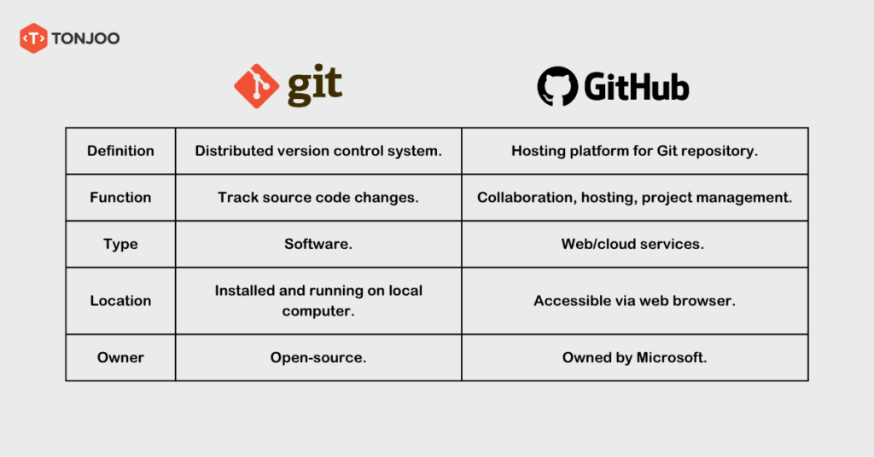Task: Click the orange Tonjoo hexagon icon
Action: (33, 38)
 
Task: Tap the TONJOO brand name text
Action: (86, 38)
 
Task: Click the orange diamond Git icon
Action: (255, 86)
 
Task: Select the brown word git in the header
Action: (314, 86)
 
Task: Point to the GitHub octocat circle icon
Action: (557, 87)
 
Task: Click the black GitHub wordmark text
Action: (637, 87)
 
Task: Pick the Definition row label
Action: (120, 151)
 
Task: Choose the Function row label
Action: (120, 197)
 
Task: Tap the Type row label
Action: (120, 244)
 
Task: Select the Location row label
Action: (120, 300)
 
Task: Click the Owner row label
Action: (120, 357)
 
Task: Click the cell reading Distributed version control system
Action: (318, 151)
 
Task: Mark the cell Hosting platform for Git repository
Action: (634, 151)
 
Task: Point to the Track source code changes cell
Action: (318, 197)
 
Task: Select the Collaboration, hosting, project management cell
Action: (634, 197)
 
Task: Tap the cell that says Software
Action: (318, 244)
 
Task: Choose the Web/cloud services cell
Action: (634, 244)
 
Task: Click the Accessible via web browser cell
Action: (634, 300)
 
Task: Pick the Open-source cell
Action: (318, 357)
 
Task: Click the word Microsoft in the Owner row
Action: (672, 357)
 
